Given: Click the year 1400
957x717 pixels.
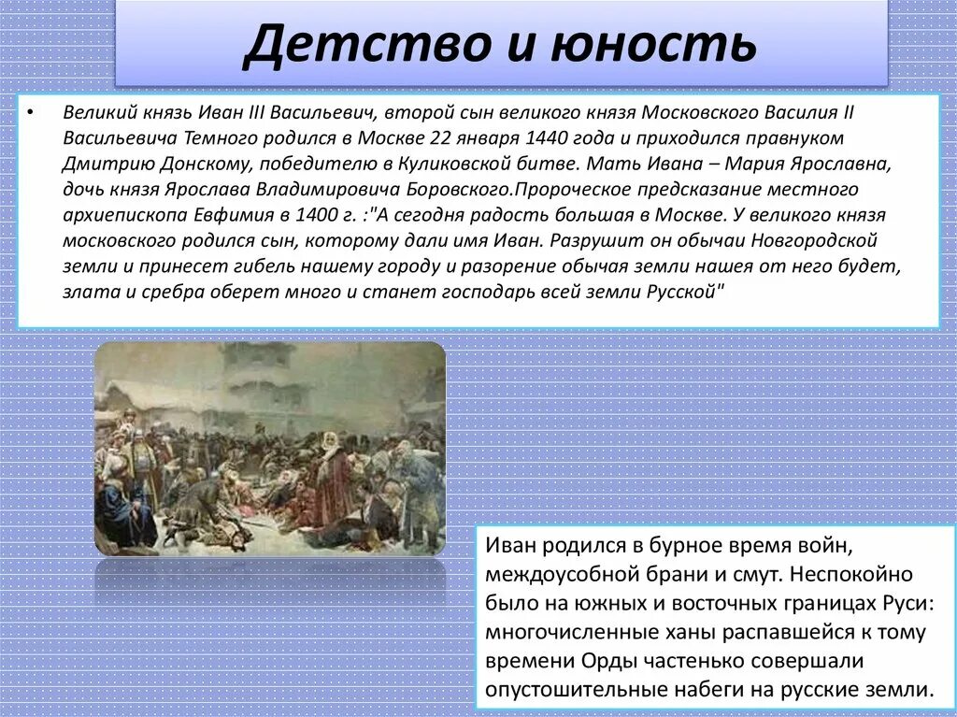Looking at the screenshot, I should (x=318, y=215).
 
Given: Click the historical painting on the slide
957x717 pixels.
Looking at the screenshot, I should (x=270, y=448).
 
